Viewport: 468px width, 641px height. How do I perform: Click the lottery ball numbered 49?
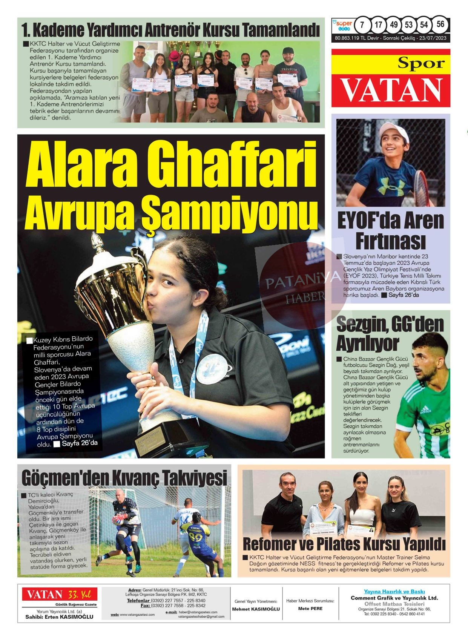pyautogui.click(x=394, y=25)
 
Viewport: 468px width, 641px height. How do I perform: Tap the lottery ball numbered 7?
pyautogui.click(x=362, y=25)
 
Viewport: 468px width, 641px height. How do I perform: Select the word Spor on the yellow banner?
pyautogui.click(x=421, y=63)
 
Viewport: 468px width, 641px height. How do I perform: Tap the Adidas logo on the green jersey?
pyautogui.click(x=425, y=409)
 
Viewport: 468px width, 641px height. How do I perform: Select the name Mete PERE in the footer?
pyautogui.click(x=310, y=609)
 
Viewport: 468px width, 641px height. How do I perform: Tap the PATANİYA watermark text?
pyautogui.click(x=298, y=281)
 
